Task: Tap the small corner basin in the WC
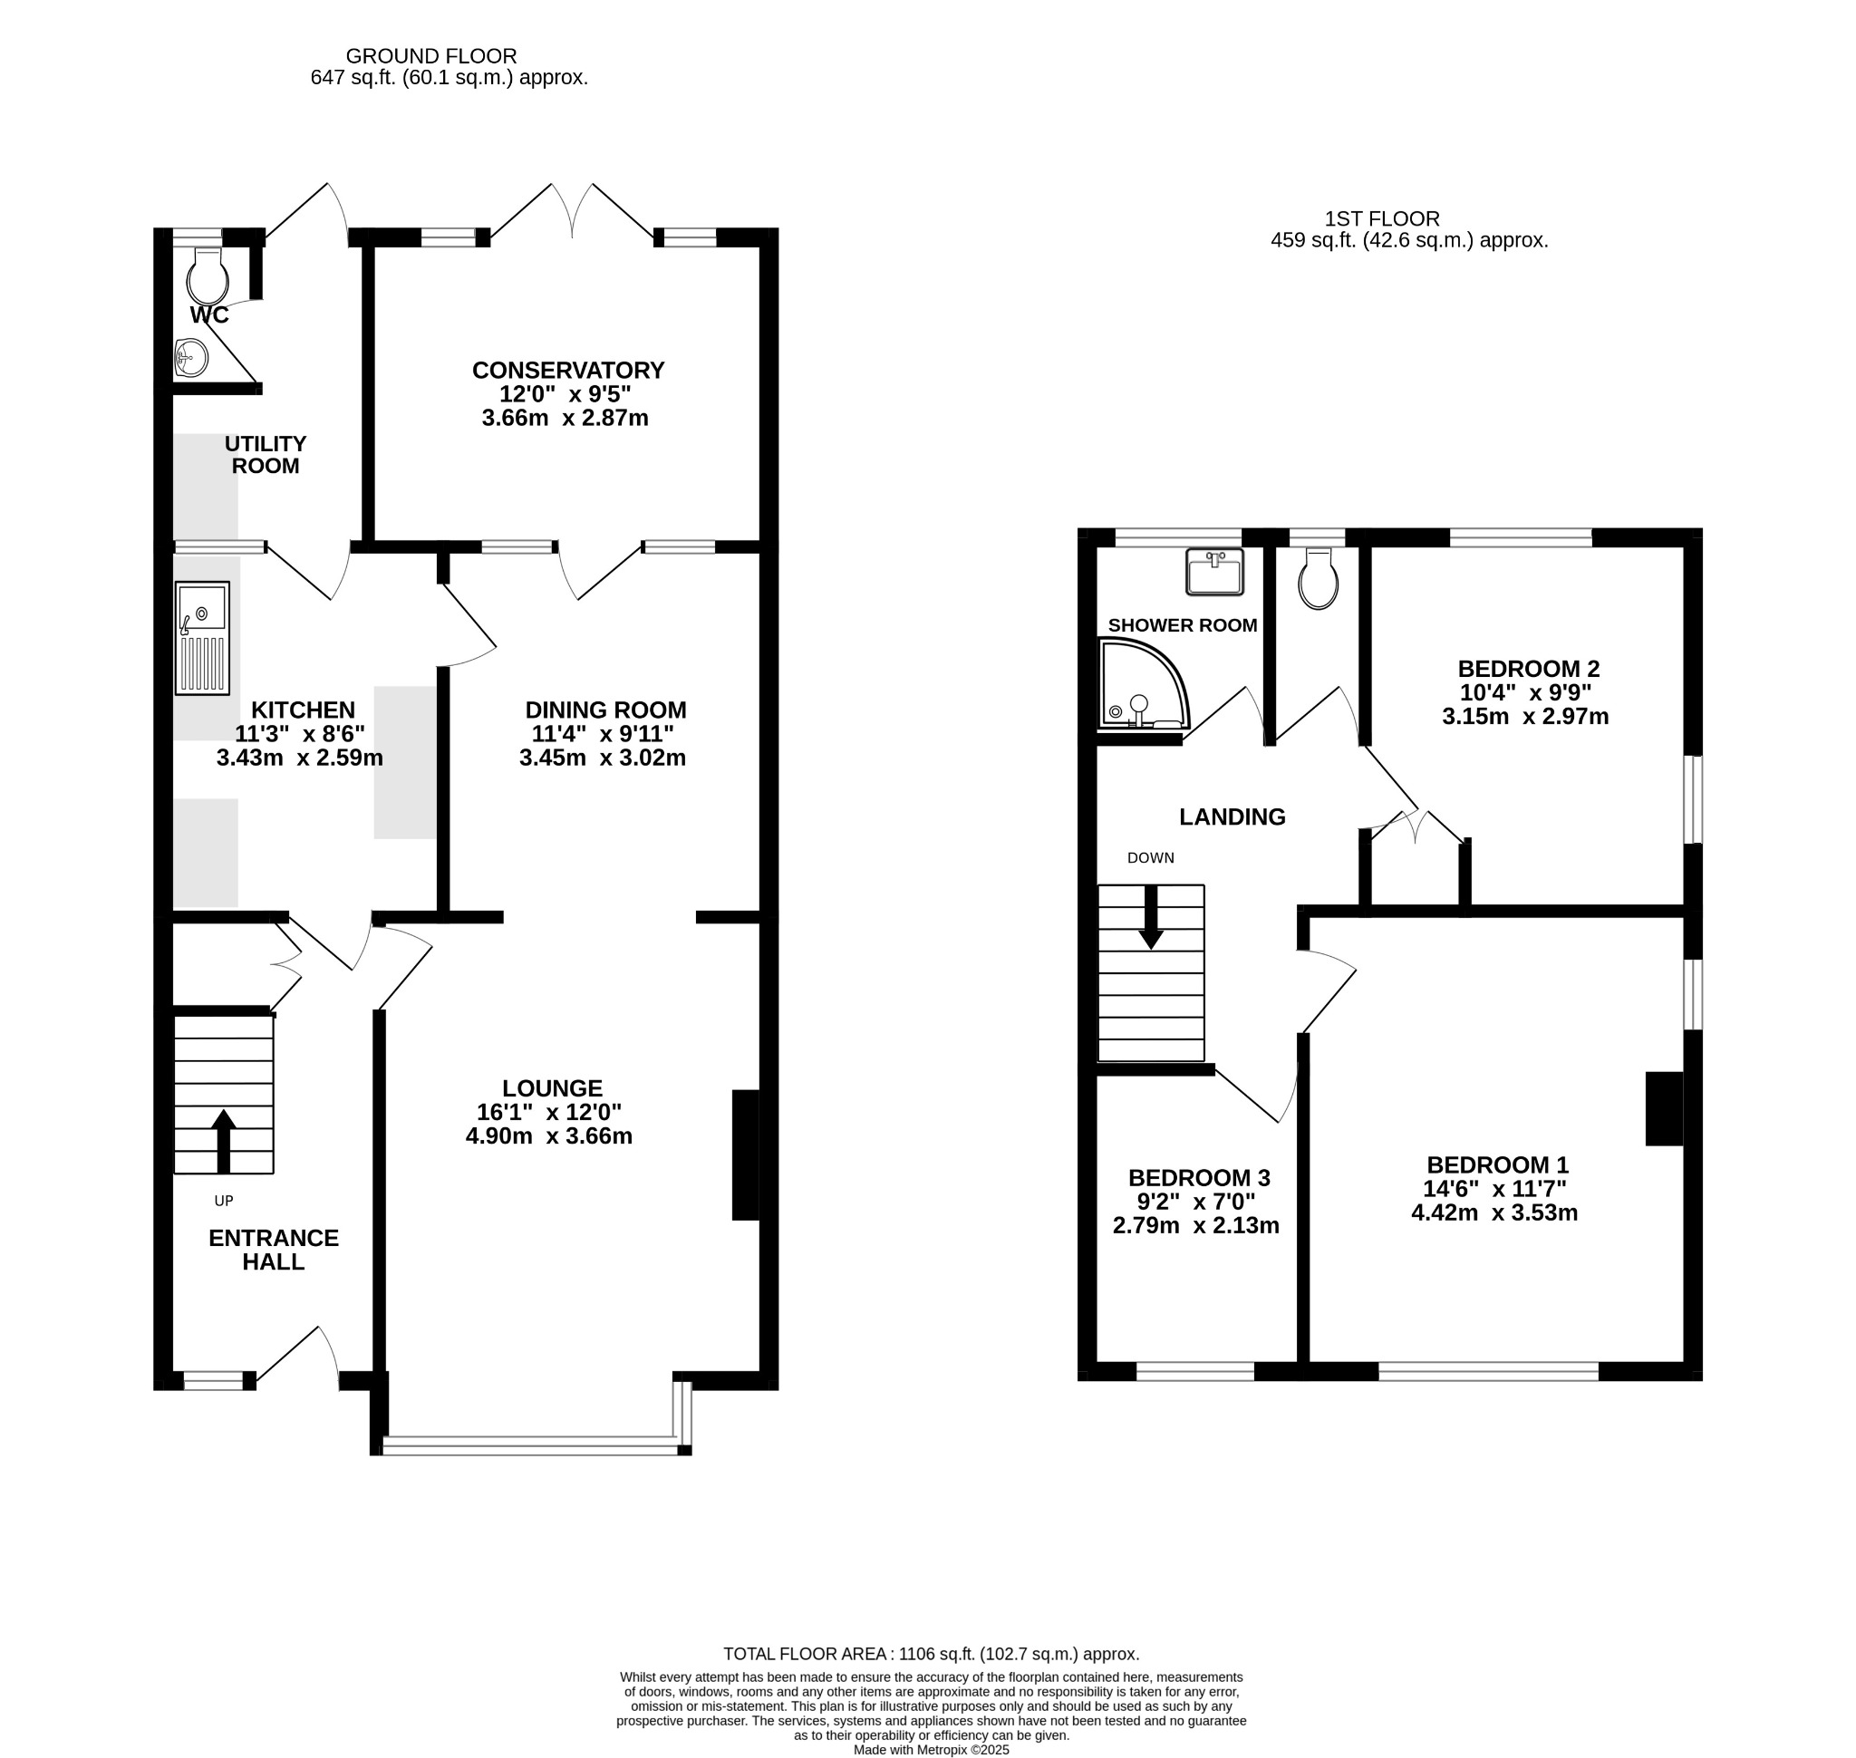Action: point(191,357)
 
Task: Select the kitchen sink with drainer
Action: point(202,638)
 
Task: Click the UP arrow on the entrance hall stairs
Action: point(223,1142)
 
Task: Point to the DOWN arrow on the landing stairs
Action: point(1151,917)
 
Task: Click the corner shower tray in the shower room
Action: point(1144,683)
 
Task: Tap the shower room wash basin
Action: point(1215,572)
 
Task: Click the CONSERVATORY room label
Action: point(568,370)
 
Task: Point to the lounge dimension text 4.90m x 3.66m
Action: point(549,1136)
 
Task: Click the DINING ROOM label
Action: point(605,710)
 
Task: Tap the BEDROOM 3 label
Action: point(1199,1178)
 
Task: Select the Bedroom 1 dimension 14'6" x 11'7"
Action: point(1495,1189)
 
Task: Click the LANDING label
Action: point(1232,817)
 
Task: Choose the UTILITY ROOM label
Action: point(266,455)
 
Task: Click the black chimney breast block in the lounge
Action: point(745,1154)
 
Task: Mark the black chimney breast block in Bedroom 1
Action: point(1665,1108)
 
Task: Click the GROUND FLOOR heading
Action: point(431,56)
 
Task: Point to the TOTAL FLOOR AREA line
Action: point(932,1654)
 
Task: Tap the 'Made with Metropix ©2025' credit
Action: point(932,1749)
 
